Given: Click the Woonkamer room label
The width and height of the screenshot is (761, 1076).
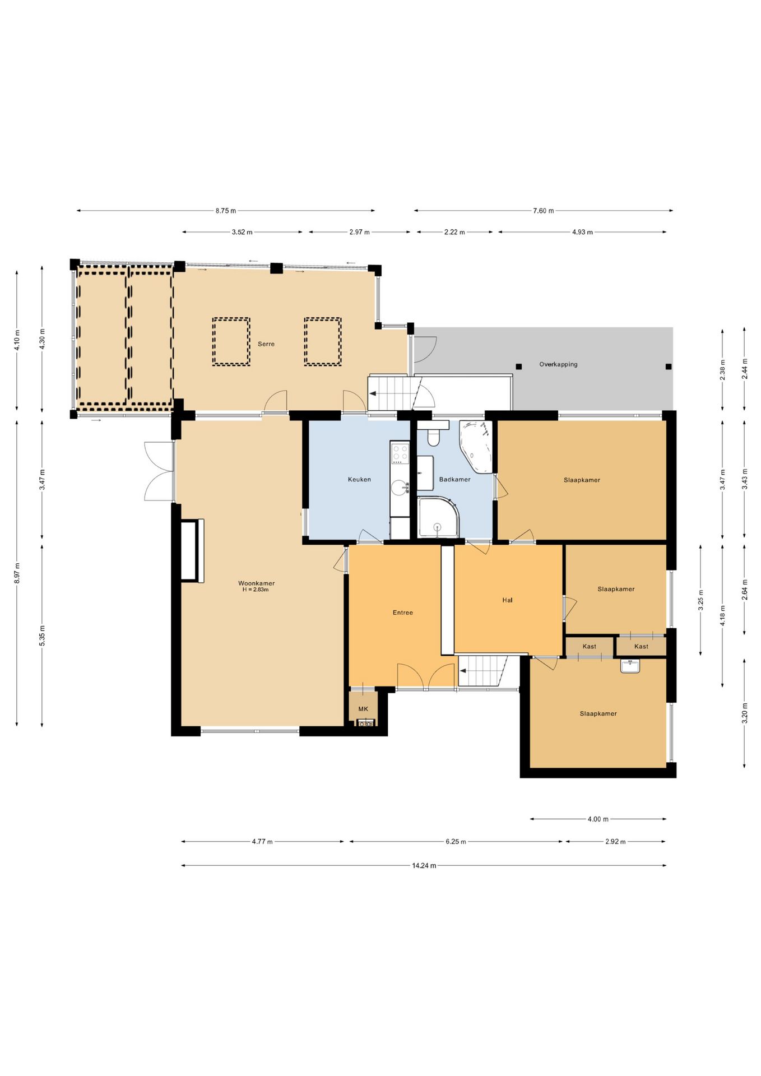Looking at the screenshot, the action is [256, 583].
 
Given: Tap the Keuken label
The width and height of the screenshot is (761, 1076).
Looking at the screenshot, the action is [359, 479].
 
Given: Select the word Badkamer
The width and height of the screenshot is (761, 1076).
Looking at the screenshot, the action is [454, 479].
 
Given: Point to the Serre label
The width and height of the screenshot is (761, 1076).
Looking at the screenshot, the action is [266, 344].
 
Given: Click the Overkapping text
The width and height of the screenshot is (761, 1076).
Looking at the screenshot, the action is [558, 364].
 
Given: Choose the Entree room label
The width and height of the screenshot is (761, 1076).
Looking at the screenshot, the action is [402, 613].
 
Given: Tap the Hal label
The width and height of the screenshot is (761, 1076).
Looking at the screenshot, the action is [507, 600].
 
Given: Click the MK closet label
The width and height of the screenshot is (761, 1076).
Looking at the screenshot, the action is [363, 709].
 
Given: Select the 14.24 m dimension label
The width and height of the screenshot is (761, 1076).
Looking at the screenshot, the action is [424, 865].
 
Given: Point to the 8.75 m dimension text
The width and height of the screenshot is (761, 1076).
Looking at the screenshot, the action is [226, 211].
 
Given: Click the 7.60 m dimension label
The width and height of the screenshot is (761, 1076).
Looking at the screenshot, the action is [543, 211].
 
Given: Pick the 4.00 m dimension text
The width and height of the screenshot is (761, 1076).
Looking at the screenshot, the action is [598, 819].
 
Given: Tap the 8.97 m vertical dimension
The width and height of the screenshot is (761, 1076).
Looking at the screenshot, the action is [17, 573].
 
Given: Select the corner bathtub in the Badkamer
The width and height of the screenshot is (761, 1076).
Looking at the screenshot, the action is [476, 446].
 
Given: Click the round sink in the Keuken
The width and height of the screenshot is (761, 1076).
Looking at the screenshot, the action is [400, 488].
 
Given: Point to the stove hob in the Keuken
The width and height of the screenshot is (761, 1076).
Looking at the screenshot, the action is [400, 453].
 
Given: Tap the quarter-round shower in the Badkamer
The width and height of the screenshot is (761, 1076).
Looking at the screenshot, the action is [438, 517].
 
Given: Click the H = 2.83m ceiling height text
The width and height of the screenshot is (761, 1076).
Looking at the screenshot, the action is [256, 590].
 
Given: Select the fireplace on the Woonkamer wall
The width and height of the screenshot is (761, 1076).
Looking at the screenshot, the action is [192, 550].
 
